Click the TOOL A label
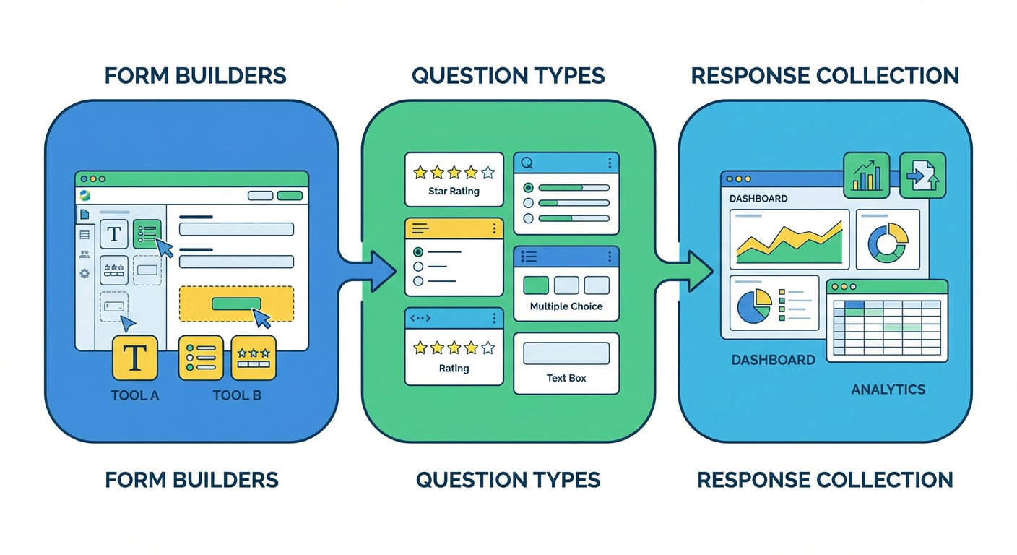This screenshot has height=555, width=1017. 135,395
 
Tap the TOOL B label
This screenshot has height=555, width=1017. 236,395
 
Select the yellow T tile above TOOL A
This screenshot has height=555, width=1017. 135,357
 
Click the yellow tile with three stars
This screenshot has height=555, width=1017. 253,357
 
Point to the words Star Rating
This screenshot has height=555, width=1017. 454,192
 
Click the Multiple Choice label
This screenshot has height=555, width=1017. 566,306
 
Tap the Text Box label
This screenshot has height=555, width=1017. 566,378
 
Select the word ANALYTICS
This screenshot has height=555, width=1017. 888,390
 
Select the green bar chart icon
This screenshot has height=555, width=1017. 866,175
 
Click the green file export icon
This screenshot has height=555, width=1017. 922,175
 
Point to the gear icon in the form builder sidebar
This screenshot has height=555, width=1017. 85,273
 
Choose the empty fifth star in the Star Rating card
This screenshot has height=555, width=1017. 488,173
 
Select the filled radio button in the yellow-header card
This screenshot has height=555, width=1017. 417,252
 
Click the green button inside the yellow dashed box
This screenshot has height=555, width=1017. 236,304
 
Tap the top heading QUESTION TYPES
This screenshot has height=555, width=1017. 508,75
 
